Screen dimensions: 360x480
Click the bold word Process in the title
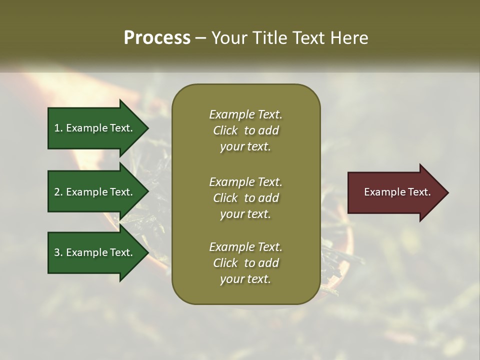(x=157, y=38)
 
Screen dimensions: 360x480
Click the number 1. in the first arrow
(x=58, y=128)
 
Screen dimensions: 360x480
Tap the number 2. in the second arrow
(x=58, y=192)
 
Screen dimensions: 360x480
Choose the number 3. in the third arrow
(x=58, y=252)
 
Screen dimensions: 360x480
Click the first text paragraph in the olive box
(x=245, y=130)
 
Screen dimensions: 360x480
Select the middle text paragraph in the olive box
(x=245, y=198)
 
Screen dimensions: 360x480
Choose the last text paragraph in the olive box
(x=245, y=263)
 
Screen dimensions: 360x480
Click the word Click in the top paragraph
(x=225, y=130)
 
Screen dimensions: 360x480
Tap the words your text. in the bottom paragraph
(x=245, y=279)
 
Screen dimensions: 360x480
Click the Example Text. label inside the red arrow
(x=397, y=192)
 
